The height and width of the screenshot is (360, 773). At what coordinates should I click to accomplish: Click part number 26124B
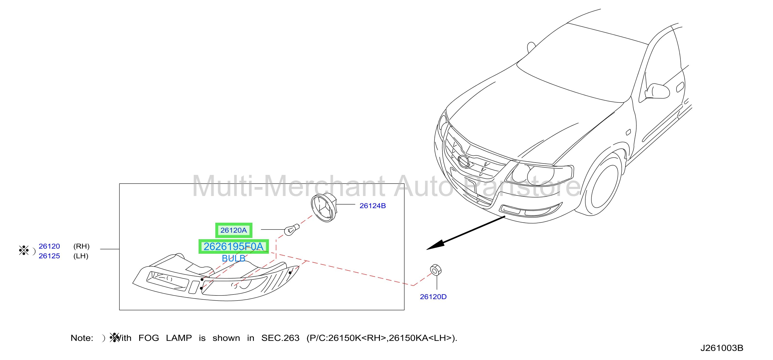[372, 206]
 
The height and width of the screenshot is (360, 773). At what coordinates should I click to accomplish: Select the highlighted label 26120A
[234, 230]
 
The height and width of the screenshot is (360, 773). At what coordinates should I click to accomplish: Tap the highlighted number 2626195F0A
[234, 246]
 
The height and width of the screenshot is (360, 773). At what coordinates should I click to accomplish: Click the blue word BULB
[234, 258]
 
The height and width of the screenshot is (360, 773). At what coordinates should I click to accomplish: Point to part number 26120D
[433, 297]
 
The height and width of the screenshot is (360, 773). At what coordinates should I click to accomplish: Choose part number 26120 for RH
[49, 246]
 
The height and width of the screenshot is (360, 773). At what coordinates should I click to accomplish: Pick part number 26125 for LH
[49, 256]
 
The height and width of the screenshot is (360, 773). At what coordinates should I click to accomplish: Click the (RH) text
[81, 246]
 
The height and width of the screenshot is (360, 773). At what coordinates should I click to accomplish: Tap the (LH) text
[81, 256]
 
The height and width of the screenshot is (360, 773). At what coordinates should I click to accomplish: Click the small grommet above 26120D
[435, 270]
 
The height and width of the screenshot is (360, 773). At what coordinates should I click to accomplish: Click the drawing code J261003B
[722, 348]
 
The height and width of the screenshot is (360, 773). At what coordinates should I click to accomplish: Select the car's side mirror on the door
[658, 91]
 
